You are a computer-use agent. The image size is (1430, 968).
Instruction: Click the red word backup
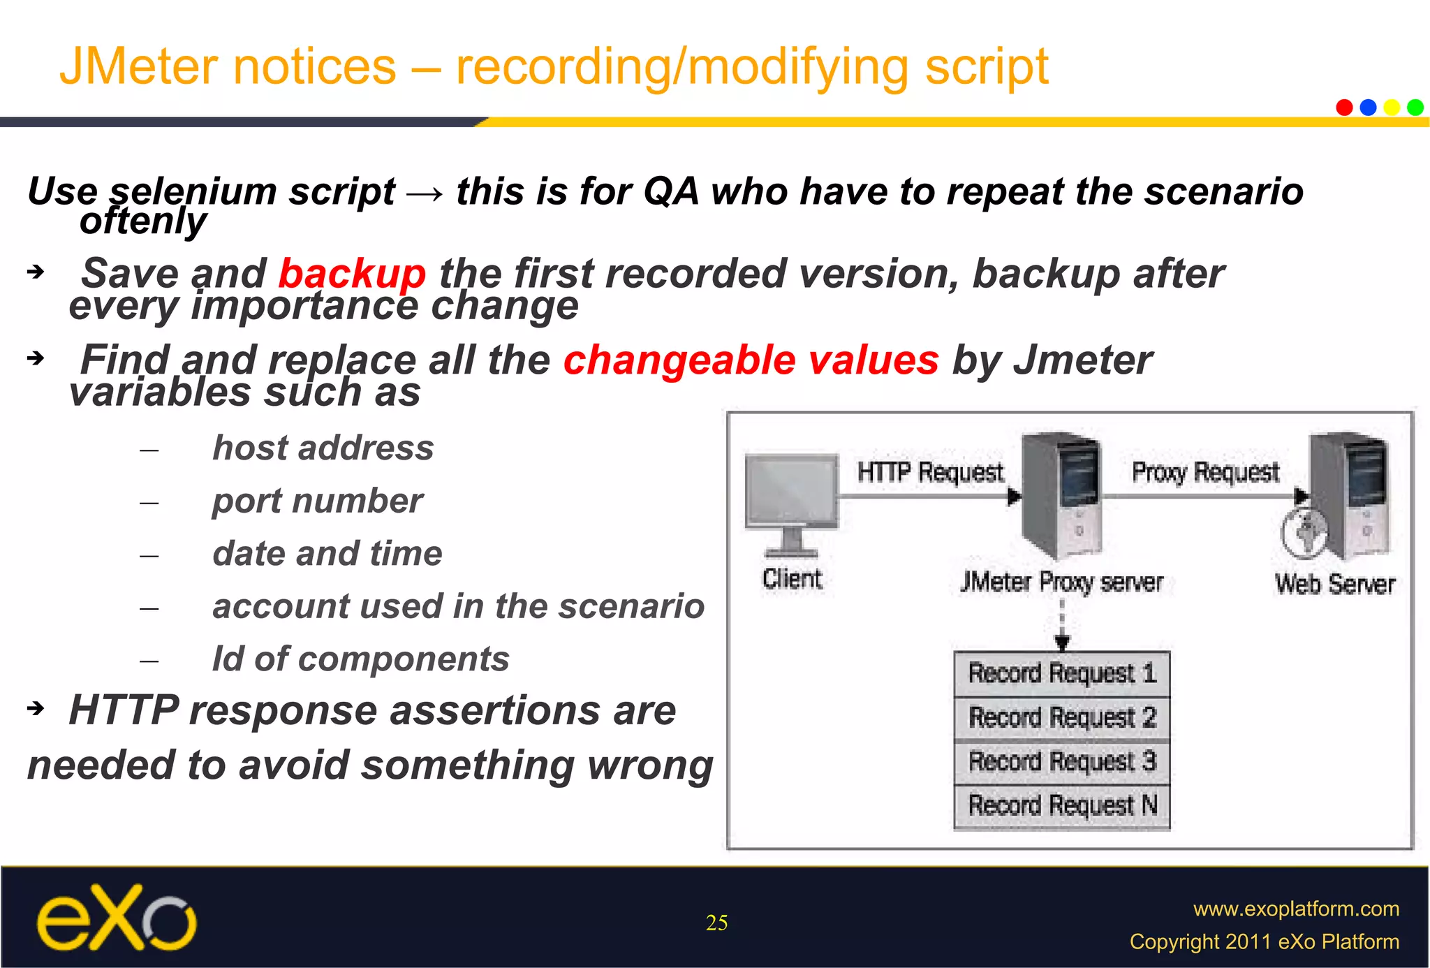click(352, 274)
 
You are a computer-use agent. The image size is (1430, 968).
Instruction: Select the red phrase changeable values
click(751, 360)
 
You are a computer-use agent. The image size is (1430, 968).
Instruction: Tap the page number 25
click(716, 923)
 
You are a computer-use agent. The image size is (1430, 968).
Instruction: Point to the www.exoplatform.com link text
click(1296, 909)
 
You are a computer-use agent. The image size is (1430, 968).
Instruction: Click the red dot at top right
click(1344, 108)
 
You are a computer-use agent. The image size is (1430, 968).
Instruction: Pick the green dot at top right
click(1415, 108)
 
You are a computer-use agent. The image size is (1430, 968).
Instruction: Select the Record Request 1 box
click(1062, 674)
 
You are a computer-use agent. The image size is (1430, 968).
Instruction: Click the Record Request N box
click(1062, 806)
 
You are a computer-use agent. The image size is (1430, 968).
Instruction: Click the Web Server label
click(1334, 584)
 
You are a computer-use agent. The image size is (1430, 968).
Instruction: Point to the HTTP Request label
click(929, 473)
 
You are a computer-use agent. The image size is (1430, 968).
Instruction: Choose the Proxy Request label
click(1205, 473)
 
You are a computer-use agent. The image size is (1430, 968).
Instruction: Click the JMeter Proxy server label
click(1061, 582)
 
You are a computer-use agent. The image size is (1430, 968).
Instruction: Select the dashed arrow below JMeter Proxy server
click(1062, 624)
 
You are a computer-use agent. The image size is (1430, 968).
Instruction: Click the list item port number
click(318, 501)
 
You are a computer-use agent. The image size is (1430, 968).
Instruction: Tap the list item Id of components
click(361, 659)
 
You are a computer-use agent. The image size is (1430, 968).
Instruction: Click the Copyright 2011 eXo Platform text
click(1264, 941)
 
